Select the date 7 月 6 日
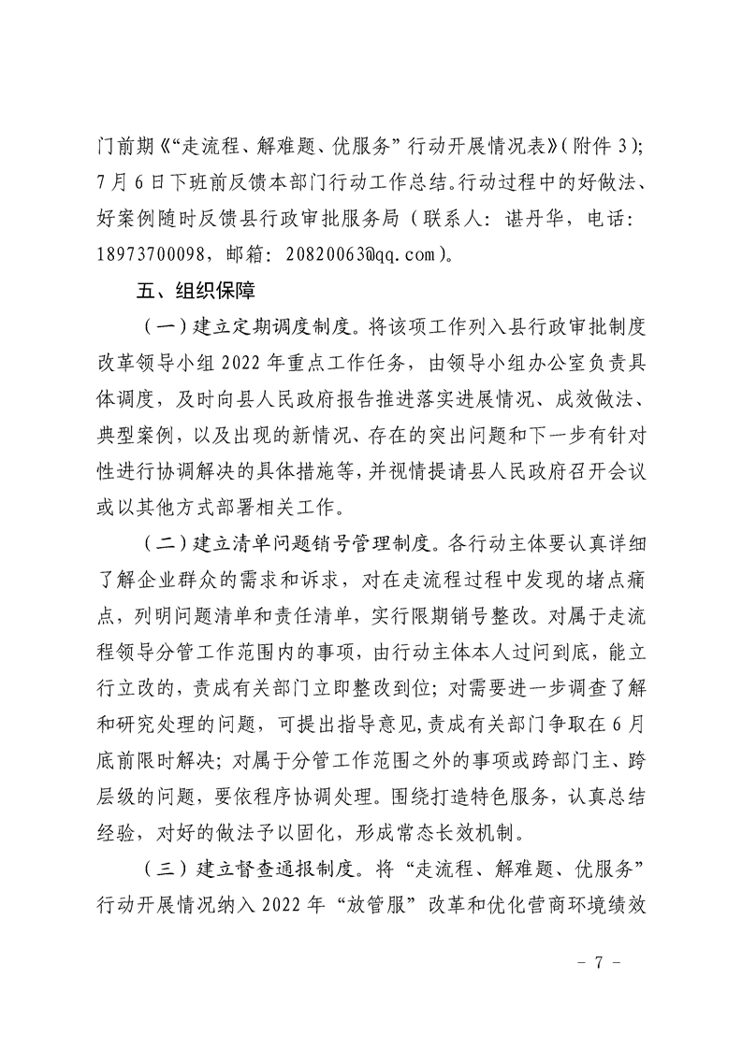[135, 181]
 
